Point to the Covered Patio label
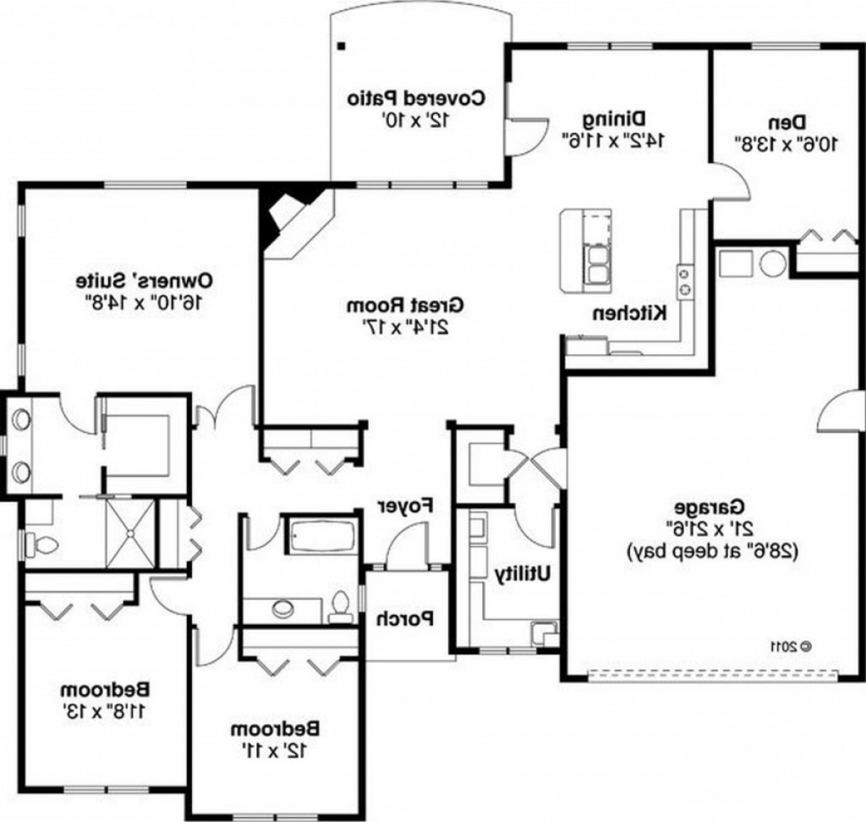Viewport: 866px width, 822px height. (416, 98)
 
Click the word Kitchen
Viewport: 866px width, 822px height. (629, 313)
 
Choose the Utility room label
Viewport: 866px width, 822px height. (522, 574)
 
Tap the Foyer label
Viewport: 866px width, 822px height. (406, 506)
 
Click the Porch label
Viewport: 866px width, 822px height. (406, 619)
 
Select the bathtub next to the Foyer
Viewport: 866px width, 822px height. (323, 535)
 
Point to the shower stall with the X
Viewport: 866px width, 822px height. (130, 534)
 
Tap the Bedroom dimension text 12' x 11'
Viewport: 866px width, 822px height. (275, 751)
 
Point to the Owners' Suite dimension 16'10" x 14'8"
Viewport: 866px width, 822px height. (144, 302)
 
